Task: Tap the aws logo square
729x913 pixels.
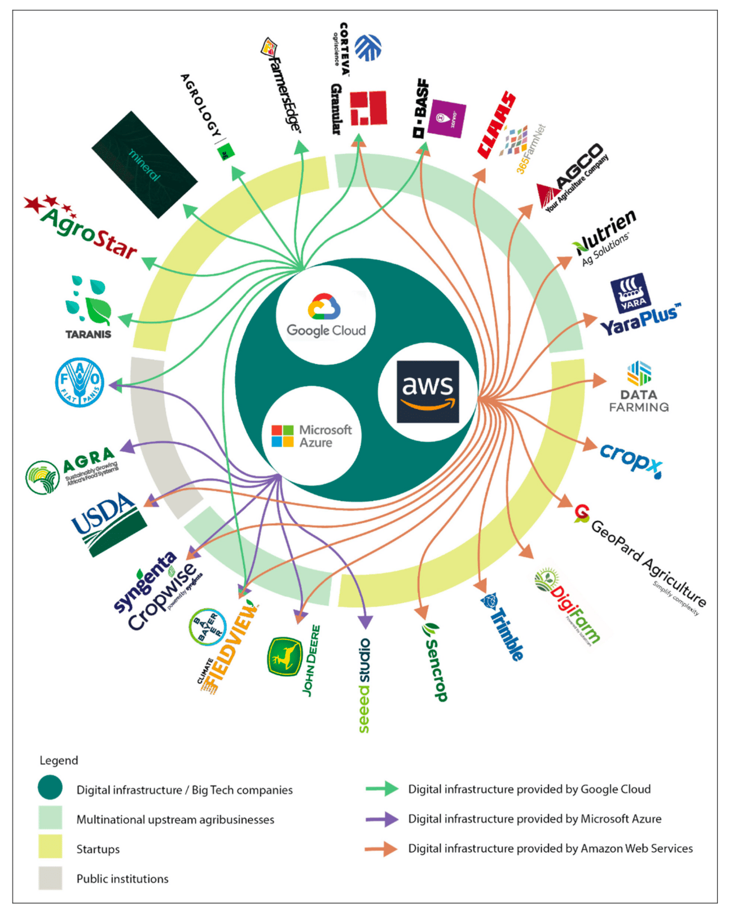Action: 428,391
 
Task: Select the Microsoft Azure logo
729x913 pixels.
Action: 311,436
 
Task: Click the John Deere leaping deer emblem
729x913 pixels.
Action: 284,656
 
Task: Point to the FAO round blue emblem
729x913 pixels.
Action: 80,382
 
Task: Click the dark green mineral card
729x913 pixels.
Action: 144,164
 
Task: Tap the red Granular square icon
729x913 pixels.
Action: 368,108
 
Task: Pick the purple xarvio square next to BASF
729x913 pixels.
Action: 446,118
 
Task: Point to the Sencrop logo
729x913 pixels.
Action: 435,661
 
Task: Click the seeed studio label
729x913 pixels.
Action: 364,685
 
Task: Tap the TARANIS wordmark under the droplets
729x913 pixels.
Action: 89,334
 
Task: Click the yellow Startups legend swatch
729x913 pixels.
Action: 50,848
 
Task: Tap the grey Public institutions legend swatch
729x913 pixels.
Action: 50,877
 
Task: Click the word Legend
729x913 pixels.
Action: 59,760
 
